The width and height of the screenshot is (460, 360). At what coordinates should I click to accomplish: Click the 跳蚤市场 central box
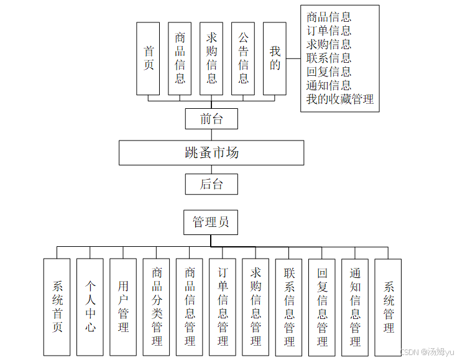(211, 152)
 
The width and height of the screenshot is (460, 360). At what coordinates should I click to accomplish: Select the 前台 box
(211, 118)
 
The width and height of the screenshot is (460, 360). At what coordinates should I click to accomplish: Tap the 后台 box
(211, 184)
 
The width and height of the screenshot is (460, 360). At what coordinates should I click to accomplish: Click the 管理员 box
(211, 222)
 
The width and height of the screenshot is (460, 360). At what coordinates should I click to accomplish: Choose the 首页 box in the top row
(149, 58)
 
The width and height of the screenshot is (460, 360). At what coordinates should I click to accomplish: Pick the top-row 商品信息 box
(180, 58)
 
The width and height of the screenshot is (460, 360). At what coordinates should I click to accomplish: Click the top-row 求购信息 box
(211, 58)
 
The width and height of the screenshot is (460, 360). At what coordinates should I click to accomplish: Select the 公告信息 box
(243, 58)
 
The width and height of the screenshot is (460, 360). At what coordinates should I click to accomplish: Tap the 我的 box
(275, 58)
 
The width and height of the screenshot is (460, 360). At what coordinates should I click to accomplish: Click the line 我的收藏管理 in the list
(340, 99)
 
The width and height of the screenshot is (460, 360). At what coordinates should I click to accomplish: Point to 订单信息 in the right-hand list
(329, 30)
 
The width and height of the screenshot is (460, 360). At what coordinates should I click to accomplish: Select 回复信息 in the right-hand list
(329, 72)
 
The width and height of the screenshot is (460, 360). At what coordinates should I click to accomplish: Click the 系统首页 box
(57, 307)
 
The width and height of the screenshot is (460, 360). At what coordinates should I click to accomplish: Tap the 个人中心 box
(90, 307)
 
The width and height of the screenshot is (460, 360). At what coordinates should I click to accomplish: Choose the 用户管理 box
(123, 307)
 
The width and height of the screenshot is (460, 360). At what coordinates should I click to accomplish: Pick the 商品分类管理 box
(157, 307)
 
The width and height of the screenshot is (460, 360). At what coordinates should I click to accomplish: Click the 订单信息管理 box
(223, 307)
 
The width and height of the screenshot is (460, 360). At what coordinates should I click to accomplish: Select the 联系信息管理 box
(289, 307)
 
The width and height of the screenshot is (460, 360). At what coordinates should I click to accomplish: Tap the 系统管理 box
(389, 307)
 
